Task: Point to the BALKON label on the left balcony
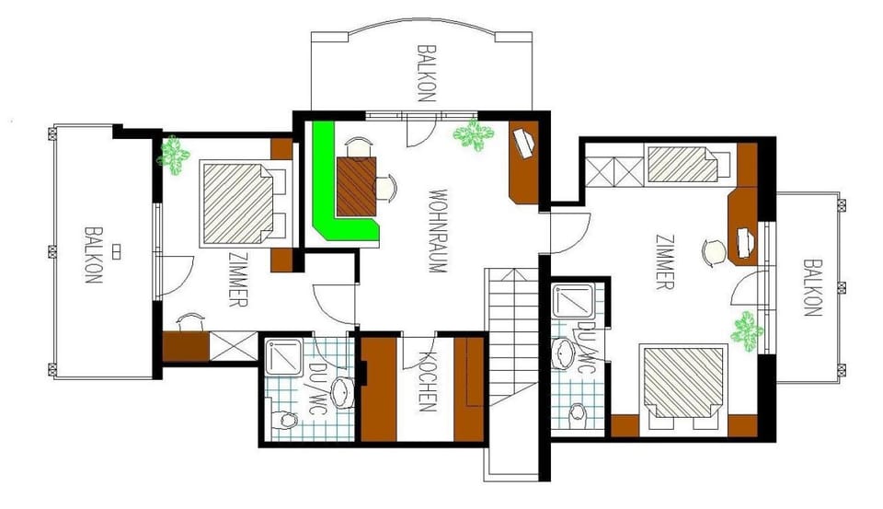(x=92, y=256)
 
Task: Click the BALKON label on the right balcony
(x=811, y=287)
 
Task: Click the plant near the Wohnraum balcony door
(x=473, y=134)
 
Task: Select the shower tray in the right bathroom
(x=573, y=299)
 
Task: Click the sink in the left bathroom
(x=343, y=390)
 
